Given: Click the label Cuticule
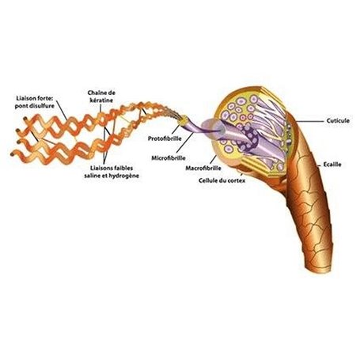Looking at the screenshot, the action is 338,121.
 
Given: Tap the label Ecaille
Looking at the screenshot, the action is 332,165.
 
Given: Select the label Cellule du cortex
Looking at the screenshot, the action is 222,180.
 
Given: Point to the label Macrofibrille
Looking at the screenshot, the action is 203,168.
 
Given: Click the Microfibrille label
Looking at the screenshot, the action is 169,158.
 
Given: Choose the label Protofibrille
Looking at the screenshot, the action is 165,138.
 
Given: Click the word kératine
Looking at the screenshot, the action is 101,100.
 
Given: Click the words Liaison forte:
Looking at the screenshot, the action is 35,98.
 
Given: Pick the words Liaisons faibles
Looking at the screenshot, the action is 112,168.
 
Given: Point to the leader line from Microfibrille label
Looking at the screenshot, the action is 185,142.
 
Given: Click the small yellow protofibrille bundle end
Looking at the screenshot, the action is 183,122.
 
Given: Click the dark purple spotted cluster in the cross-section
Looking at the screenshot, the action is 248,140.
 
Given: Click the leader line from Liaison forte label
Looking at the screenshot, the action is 62,110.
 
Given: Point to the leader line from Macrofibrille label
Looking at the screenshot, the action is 214,160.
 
